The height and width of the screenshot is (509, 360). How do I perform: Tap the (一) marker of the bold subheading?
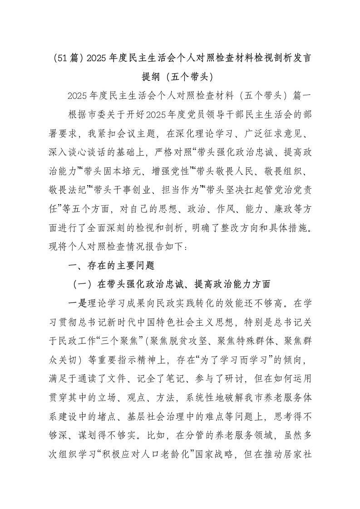82,285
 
